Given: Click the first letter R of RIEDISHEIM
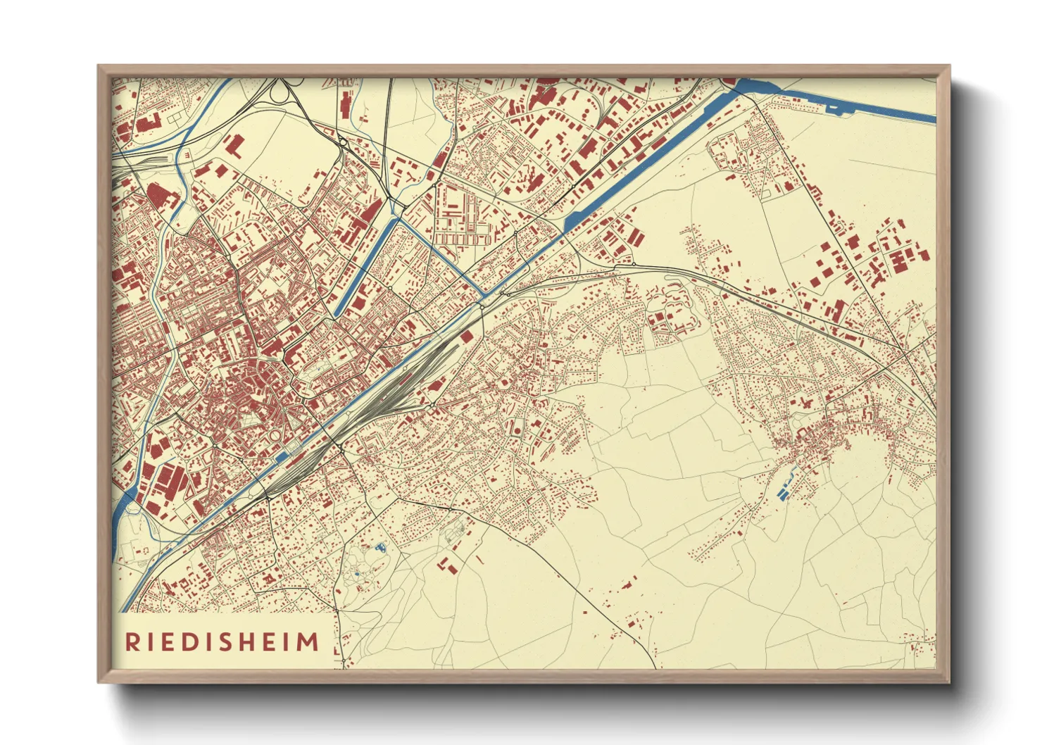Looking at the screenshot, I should [x=132, y=642].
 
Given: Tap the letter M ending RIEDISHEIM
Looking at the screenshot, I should [x=308, y=642].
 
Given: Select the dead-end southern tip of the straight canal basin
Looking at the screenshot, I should [x=337, y=313].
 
